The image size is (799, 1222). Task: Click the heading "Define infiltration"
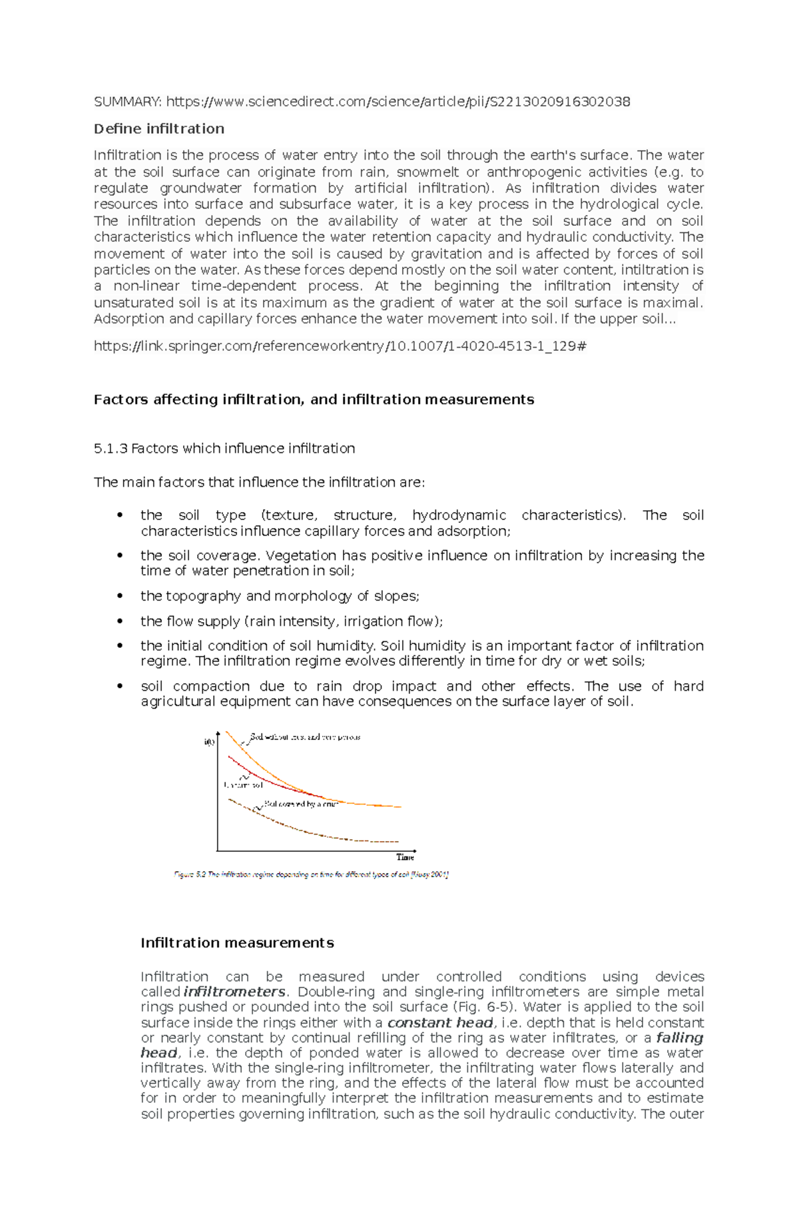[x=158, y=129]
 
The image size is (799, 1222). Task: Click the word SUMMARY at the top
[x=126, y=102]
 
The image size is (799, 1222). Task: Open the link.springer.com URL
[x=340, y=346]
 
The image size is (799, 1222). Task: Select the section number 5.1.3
[x=110, y=449]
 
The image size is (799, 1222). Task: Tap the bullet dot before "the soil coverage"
[x=120, y=555]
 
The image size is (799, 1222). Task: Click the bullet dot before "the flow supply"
[x=120, y=621]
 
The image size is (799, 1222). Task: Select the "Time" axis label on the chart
[x=405, y=857]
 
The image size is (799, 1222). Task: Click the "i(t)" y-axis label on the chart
[x=209, y=742]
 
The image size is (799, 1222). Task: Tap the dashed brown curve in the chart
[x=313, y=832]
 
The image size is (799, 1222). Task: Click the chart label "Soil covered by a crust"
[x=301, y=804]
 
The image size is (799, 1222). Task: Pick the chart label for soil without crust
[x=305, y=737]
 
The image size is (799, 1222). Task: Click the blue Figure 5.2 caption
[x=311, y=874]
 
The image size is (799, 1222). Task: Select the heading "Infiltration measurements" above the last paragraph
[x=237, y=943]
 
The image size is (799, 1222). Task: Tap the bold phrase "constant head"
[x=440, y=1023]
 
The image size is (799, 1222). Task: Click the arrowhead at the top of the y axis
[x=218, y=732]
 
